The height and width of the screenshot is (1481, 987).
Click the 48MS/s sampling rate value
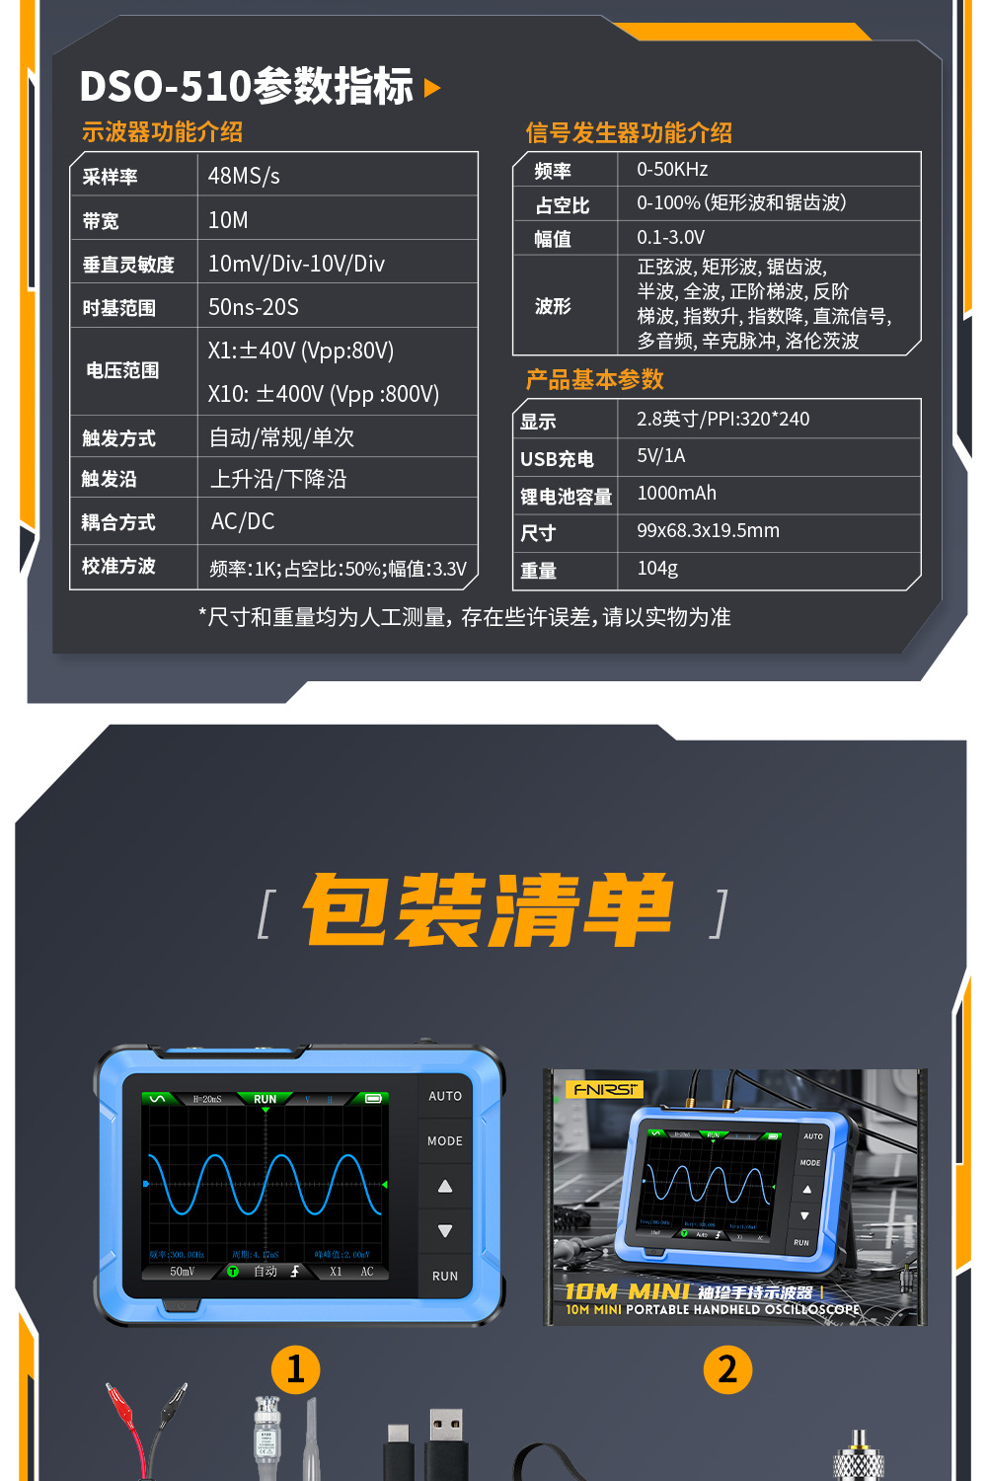point(244,176)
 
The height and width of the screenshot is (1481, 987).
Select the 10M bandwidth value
point(228,220)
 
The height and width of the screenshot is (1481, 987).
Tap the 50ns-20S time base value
point(253,307)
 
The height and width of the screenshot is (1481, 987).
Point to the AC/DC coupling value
point(243,521)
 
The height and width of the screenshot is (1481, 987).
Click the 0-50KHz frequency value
point(672,169)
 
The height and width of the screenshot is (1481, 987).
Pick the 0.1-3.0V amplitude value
point(670,237)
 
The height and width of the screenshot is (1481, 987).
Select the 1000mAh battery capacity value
point(676,493)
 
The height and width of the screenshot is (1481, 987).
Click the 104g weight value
point(657,568)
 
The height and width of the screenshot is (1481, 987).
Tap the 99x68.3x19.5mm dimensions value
point(708,530)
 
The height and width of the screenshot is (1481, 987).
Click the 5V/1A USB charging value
point(660,455)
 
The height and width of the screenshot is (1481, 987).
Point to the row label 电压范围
point(122,370)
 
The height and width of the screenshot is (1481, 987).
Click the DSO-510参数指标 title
point(247,86)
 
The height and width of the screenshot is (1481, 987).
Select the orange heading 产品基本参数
point(594,379)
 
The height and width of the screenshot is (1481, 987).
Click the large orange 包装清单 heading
point(490,909)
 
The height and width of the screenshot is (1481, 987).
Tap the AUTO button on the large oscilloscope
point(445,1096)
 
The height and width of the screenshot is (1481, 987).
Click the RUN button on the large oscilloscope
point(445,1276)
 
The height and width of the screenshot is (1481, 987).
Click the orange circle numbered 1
point(295,1369)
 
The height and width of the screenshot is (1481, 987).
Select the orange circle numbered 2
point(727,1369)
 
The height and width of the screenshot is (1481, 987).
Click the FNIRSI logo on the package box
point(605,1089)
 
